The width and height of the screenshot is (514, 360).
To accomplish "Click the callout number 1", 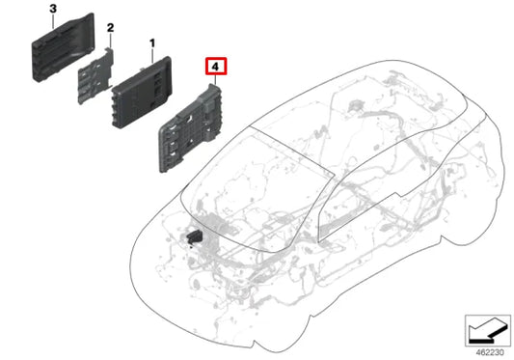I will (151, 43).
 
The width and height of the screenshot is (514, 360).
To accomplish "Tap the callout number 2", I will (111, 28).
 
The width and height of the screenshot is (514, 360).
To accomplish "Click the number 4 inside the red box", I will (215, 68).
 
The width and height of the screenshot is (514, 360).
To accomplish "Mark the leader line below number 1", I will (151, 56).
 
